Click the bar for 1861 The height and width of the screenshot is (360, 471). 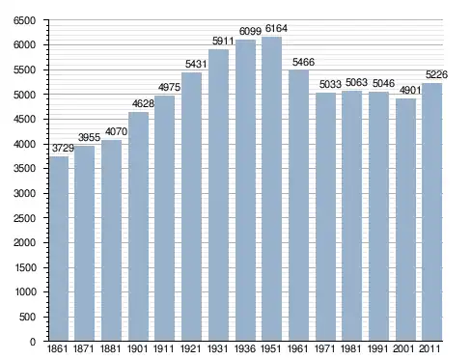coord(59,248)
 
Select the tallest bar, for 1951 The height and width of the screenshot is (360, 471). coord(271,188)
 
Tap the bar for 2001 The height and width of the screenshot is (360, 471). coord(405,219)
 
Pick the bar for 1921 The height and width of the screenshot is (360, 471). coord(191,207)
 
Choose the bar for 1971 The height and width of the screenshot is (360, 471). coord(325,216)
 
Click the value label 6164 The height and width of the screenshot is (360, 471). coord(276,29)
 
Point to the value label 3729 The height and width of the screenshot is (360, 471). coord(63,149)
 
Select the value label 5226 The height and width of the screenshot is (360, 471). coord(436,75)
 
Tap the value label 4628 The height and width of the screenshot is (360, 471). coord(143,103)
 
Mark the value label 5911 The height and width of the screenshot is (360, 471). coord(223,42)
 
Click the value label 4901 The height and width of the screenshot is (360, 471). coord(410,91)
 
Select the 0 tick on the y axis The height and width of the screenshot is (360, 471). coord(33,342)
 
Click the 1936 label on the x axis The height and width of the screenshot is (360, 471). coord(245,348)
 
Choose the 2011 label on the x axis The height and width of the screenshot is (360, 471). coord(429,348)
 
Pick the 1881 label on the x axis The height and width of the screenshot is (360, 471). coord(110,348)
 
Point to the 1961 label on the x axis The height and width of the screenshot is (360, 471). coord(297,348)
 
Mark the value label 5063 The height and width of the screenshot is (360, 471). coord(356,83)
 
